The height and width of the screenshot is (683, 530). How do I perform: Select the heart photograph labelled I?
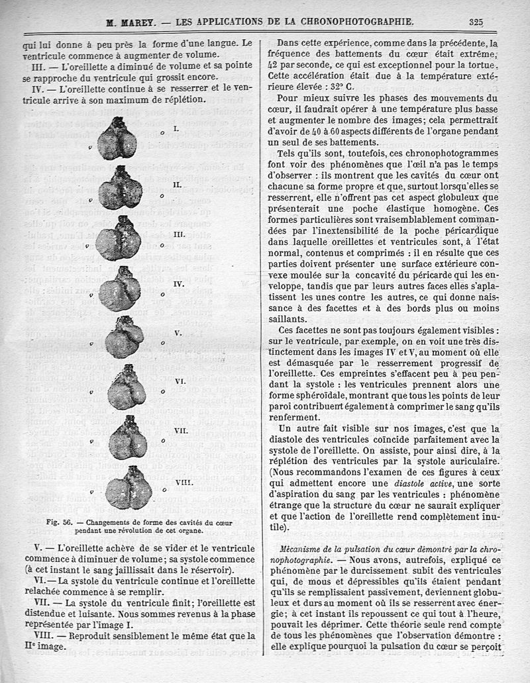pos(117,139)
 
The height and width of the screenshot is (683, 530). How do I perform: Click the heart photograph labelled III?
pos(118,238)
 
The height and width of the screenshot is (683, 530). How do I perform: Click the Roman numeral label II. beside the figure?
pos(177,185)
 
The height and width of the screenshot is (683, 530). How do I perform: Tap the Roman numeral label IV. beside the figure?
pos(178,283)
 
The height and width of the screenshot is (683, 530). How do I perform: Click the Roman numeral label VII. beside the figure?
pos(181,430)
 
